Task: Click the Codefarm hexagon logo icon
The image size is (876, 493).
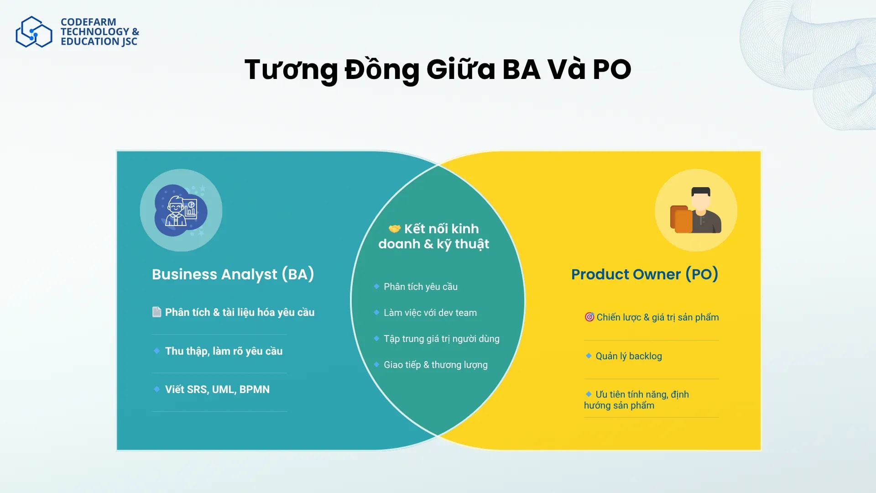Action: click(34, 32)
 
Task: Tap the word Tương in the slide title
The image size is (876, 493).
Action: click(291, 70)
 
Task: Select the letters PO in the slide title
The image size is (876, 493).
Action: click(611, 70)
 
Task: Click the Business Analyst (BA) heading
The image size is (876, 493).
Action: click(233, 274)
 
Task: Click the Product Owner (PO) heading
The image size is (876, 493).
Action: click(644, 274)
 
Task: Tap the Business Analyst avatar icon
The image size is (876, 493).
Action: click(181, 210)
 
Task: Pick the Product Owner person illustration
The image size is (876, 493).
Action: click(696, 210)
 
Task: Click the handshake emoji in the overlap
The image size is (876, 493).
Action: click(394, 229)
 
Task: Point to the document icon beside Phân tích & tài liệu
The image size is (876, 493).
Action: click(156, 312)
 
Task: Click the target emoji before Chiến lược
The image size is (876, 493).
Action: click(589, 317)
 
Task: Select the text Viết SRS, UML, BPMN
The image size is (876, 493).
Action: click(217, 389)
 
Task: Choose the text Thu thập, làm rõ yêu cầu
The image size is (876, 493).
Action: click(224, 351)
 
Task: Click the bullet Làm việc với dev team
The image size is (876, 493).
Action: click(430, 313)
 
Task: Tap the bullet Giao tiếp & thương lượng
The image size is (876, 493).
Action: click(435, 365)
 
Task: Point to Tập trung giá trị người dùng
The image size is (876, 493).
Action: click(441, 339)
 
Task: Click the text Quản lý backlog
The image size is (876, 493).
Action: click(628, 356)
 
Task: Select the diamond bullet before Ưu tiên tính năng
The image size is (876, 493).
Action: click(589, 394)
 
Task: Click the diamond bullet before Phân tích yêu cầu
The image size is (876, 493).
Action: click(376, 286)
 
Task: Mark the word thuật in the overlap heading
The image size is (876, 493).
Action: click(472, 244)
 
